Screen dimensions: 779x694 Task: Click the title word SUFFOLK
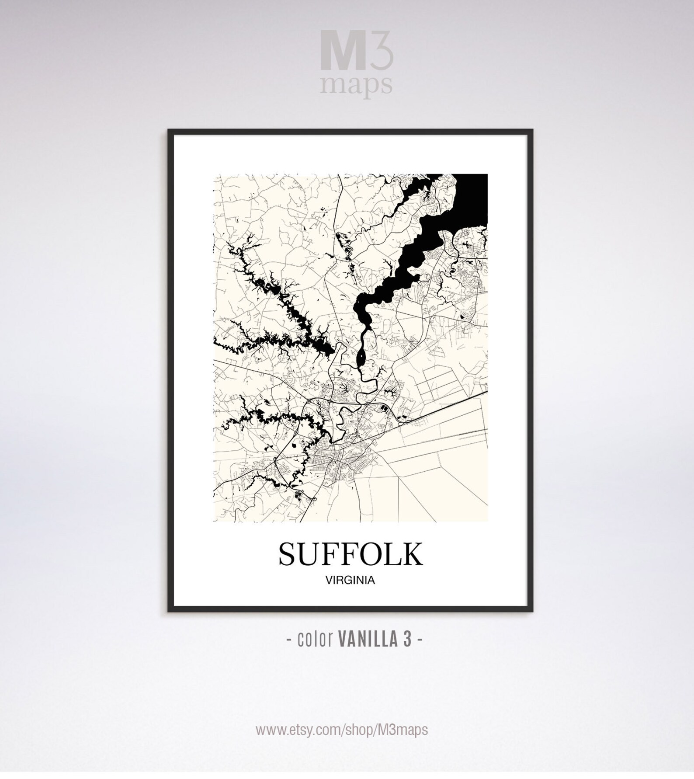[350, 554]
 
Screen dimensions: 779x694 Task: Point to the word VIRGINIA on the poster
[350, 581]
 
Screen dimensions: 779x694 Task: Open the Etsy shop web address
[342, 730]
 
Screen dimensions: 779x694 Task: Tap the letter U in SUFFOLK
[309, 554]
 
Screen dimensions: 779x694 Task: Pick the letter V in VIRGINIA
[329, 581]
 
